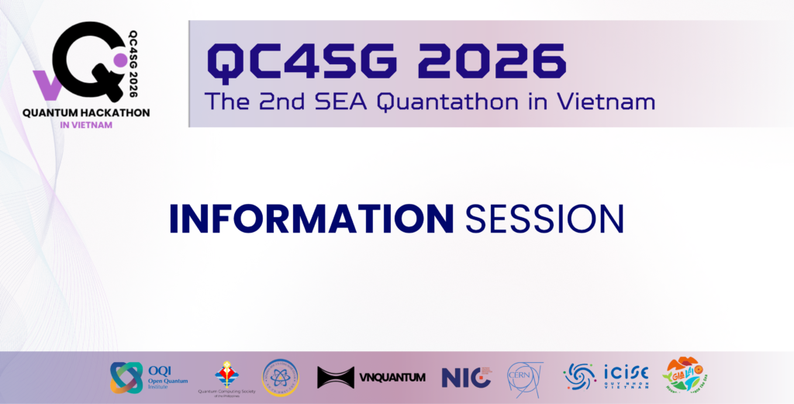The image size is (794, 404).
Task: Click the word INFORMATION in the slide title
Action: (x=311, y=219)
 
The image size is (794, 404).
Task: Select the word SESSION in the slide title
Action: (x=544, y=219)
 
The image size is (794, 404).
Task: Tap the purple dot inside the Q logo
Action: (x=119, y=59)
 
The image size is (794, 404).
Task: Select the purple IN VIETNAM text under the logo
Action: (x=86, y=125)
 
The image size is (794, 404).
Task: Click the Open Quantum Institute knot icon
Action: (x=126, y=377)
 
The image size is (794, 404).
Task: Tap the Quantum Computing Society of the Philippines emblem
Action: (x=227, y=373)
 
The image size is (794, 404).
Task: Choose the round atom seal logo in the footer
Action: (x=280, y=377)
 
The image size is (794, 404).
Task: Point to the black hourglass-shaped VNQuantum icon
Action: (x=335, y=378)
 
